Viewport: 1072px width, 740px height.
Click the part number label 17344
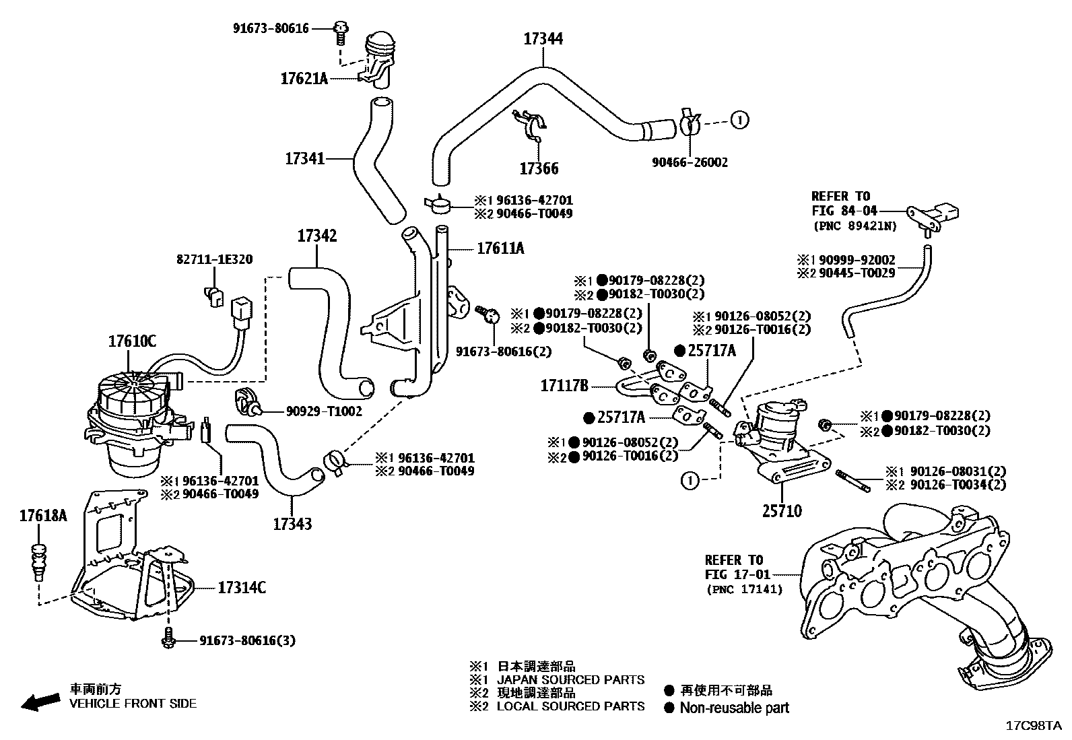(543, 39)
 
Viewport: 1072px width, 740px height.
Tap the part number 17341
(305, 159)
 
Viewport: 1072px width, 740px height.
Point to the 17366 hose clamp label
(539, 168)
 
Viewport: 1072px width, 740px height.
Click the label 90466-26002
(690, 162)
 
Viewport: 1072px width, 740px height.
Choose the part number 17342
(316, 236)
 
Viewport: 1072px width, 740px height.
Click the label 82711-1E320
(215, 259)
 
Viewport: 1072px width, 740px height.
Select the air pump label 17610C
(132, 341)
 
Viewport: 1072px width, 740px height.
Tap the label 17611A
(500, 248)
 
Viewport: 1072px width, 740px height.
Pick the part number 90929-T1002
(324, 411)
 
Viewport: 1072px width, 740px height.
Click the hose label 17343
(292, 523)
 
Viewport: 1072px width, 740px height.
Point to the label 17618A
(43, 516)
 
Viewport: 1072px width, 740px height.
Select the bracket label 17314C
(242, 588)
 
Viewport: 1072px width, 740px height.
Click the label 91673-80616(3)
(247, 640)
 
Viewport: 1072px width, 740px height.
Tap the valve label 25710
(782, 512)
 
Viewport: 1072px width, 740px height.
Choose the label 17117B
(564, 386)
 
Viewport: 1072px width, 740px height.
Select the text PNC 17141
(744, 589)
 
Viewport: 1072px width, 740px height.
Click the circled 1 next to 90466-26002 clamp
(739, 121)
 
